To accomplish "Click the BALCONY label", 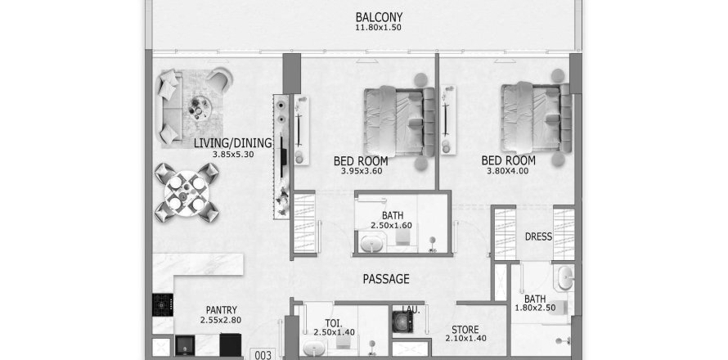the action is pyautogui.click(x=379, y=17).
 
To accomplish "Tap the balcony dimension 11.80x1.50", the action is pyautogui.click(x=378, y=27).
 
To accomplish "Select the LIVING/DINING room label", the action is pyautogui.click(x=232, y=143).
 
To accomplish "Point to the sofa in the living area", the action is pyautogui.click(x=168, y=108).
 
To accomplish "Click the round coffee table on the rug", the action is pyautogui.click(x=200, y=108).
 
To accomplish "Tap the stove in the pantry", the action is pyautogui.click(x=163, y=304).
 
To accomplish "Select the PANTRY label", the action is pyautogui.click(x=222, y=310).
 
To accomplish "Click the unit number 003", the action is pyautogui.click(x=263, y=355).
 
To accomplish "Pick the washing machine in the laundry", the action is pyautogui.click(x=402, y=322).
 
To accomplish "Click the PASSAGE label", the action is pyautogui.click(x=386, y=279).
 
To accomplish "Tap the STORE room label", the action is pyautogui.click(x=465, y=330).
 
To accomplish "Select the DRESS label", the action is pyautogui.click(x=538, y=237).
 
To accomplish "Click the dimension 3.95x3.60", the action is pyautogui.click(x=362, y=171).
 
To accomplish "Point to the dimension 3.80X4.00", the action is pyautogui.click(x=507, y=171).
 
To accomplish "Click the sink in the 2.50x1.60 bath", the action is pyautogui.click(x=371, y=243).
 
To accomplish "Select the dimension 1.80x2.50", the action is pyautogui.click(x=535, y=308).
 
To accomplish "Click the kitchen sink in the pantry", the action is pyautogui.click(x=185, y=345).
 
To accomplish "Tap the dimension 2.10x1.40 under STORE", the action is pyautogui.click(x=465, y=339).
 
